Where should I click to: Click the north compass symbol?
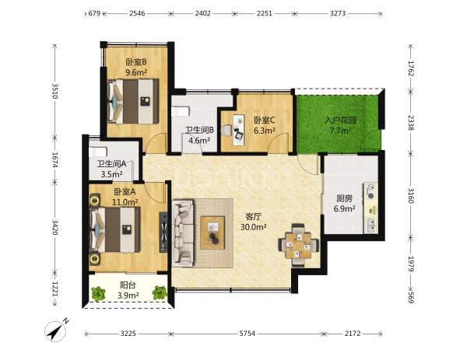(x=56, y=330)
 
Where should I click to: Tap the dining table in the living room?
(x=299, y=245)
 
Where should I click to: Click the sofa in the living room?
(x=183, y=233)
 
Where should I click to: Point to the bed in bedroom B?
(x=133, y=101)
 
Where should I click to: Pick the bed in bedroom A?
(x=115, y=229)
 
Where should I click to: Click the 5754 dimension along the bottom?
(x=248, y=334)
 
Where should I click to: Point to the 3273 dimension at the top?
(x=338, y=13)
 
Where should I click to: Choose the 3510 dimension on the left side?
(x=55, y=91)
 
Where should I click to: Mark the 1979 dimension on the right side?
(x=411, y=264)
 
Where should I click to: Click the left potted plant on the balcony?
(x=98, y=293)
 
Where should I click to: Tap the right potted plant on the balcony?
(x=160, y=293)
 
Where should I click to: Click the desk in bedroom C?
(x=239, y=130)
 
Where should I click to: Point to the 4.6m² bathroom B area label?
(x=199, y=140)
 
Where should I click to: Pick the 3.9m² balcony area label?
(x=128, y=295)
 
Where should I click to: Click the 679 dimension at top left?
(x=94, y=13)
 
